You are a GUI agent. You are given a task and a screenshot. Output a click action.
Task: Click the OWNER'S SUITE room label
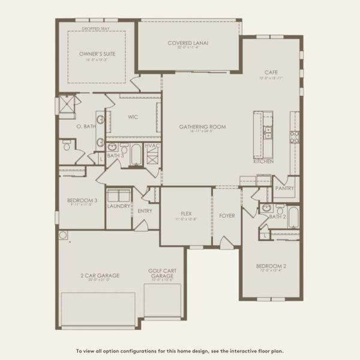click(97, 54)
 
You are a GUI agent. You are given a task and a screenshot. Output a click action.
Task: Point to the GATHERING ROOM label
click(202, 127)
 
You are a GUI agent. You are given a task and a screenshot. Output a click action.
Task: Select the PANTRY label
click(283, 188)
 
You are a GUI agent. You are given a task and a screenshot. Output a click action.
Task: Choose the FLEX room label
click(186, 213)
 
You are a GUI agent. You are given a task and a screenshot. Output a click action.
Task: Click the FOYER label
click(227, 215)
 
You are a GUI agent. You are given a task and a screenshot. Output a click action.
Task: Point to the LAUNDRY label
click(119, 206)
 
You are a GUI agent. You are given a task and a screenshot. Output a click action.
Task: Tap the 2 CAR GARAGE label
click(100, 275)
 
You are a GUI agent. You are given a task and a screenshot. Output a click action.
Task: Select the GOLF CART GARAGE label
click(161, 273)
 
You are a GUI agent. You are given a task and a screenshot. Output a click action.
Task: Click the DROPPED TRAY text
click(96, 28)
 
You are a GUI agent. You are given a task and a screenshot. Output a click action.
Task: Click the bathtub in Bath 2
click(293, 217)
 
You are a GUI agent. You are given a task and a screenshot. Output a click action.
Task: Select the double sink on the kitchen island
click(268, 131)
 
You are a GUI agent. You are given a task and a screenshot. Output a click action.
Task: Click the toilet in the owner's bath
click(67, 145)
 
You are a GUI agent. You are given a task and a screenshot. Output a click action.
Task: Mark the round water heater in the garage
click(63, 235)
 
